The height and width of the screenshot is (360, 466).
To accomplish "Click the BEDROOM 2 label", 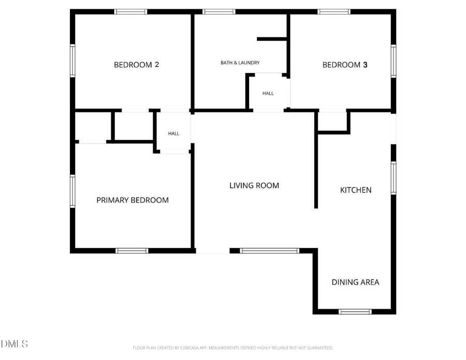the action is coord(136,65).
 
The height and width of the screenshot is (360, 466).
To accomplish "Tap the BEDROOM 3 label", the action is coord(345,65).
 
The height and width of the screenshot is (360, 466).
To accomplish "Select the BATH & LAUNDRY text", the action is coord(240,63).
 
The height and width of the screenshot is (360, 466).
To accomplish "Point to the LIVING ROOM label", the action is coord(254,185).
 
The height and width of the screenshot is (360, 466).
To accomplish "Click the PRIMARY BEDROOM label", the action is coord(133,200).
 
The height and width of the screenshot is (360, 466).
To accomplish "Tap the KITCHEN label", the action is coord(356,190).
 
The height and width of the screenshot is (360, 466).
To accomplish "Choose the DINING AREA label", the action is coord(355,282).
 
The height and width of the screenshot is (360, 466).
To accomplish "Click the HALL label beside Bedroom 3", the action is coord(268,93).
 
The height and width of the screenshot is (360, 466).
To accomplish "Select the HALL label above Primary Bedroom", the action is coord(173,134).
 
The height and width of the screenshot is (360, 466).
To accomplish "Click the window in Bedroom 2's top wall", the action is coord(131,11).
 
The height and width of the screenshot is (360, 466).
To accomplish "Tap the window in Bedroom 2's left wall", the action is coord(72,61).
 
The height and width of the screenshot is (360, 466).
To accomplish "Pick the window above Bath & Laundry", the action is coord(219,11).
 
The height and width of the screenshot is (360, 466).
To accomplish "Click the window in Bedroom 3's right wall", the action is coord(394,61).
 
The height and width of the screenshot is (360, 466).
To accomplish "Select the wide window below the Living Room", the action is coord(270,251).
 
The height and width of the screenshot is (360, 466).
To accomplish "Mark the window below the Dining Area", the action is coord(355,311).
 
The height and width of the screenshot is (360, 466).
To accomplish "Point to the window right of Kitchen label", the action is coord(394,178).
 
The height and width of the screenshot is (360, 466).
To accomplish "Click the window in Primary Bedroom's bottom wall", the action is coord(132,251).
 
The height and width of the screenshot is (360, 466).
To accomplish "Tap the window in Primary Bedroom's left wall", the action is coord(72,191).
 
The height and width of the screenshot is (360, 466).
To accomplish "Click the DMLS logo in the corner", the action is coord(14,344).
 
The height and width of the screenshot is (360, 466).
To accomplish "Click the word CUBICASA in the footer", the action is coord(190,348).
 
